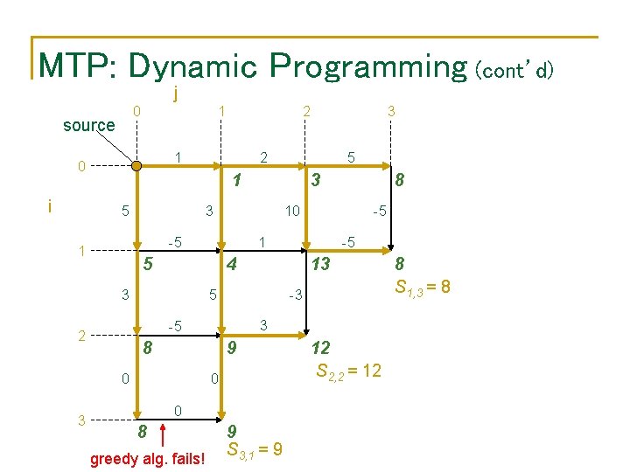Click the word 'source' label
88,125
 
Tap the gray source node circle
136,164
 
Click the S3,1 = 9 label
254,449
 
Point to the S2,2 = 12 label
347,370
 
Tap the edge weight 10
292,211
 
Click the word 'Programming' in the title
367,66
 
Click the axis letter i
51,206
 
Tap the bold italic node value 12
322,347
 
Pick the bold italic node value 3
318,180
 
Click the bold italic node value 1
236,182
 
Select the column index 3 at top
391,111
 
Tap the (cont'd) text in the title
514,69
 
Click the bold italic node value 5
149,263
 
